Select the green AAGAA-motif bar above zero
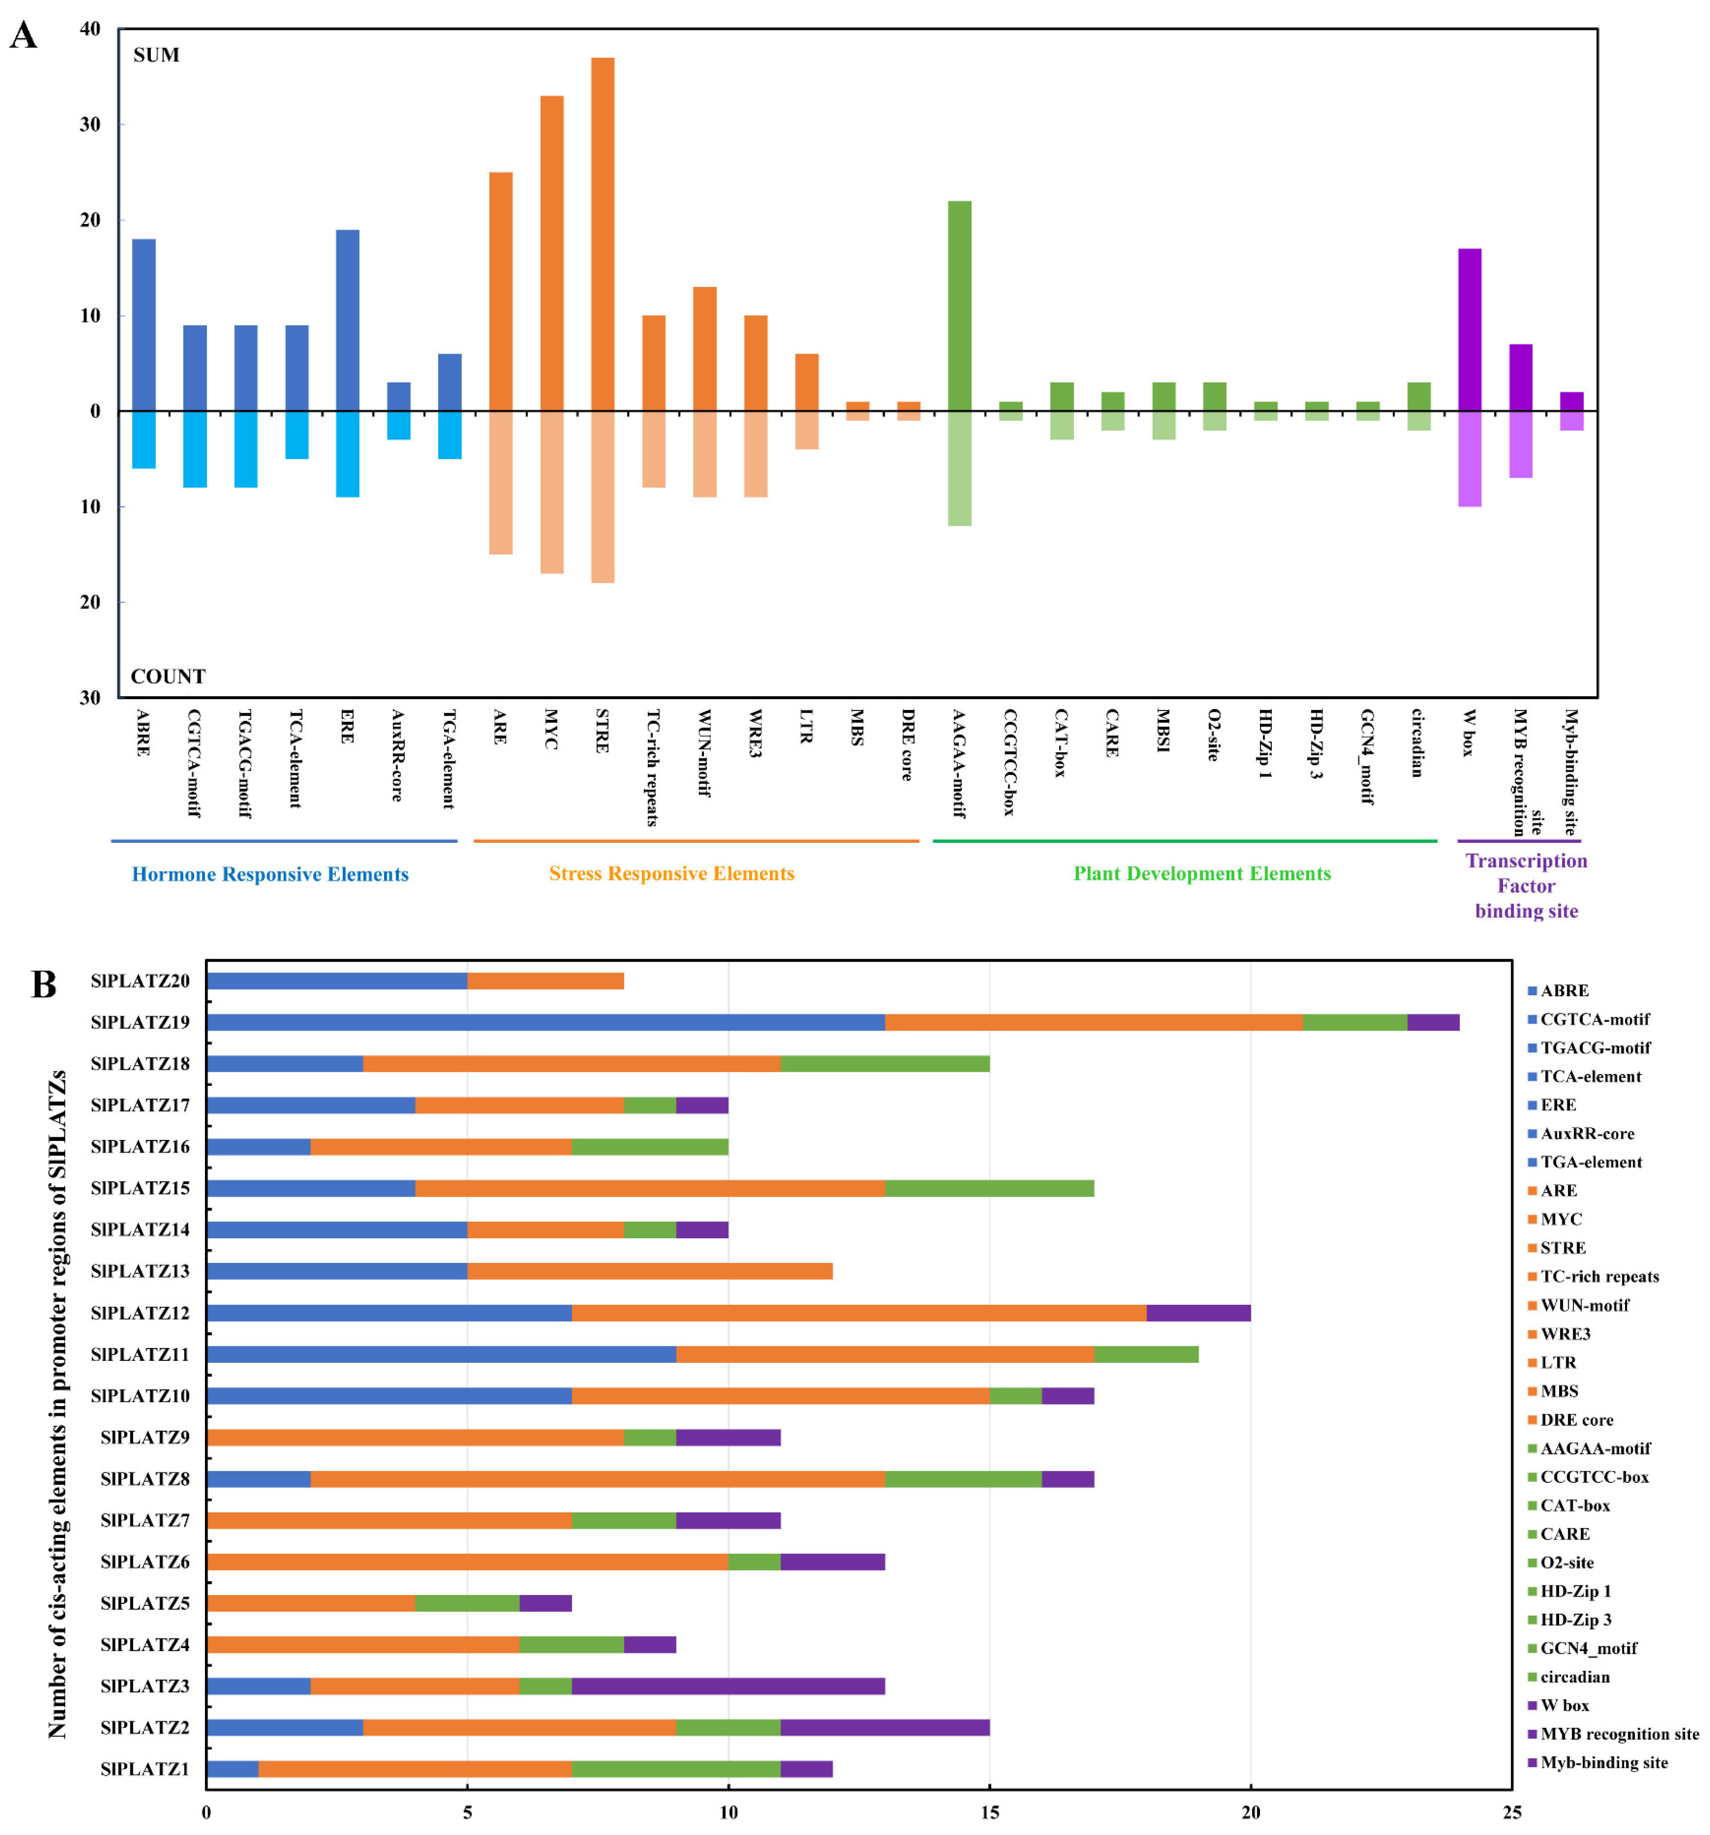pyautogui.click(x=959, y=305)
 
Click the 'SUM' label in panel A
pyautogui.click(x=156, y=56)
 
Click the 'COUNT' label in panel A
pyautogui.click(x=168, y=677)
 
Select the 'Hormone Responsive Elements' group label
pyautogui.click(x=270, y=874)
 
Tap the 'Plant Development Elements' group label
pyautogui.click(x=1201, y=873)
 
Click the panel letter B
pyautogui.click(x=43, y=985)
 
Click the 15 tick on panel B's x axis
pyautogui.click(x=989, y=1811)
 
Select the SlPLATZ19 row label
pyautogui.click(x=141, y=1022)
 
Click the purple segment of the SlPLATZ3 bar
pyautogui.click(x=728, y=1686)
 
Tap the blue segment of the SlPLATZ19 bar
pyautogui.click(x=545, y=1022)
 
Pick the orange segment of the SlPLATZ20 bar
pyautogui.click(x=545, y=980)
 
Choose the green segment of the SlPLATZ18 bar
pyautogui.click(x=885, y=1063)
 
